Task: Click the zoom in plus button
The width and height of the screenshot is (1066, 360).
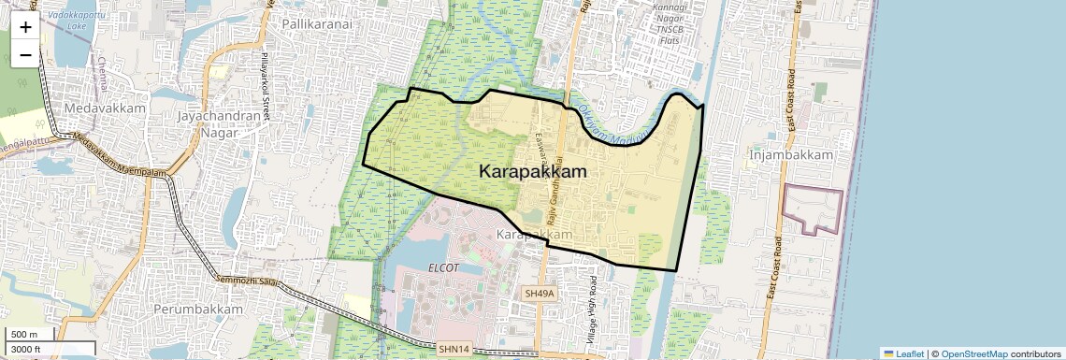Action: pos(25,26)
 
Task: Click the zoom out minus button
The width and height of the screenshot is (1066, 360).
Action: pos(25,54)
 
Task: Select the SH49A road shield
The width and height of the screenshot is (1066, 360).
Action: pos(540,294)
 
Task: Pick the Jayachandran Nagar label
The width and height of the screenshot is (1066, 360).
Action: pos(216,124)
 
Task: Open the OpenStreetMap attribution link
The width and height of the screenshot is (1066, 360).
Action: pos(973,353)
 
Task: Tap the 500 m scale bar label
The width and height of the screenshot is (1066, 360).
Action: pos(24,334)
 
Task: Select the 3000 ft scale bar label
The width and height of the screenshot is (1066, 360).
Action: pos(27,349)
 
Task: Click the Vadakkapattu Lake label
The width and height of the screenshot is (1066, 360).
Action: pos(78,20)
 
